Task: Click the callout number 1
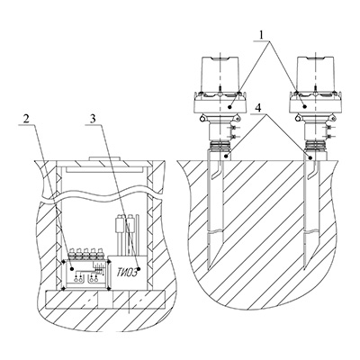point(262,35)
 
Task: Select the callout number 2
point(26,120)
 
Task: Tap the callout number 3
point(94,120)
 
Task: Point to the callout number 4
point(257,110)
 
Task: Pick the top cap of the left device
point(220,74)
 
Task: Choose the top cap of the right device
point(316,74)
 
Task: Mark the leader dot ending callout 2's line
point(72,269)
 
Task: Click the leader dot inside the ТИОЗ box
point(139,269)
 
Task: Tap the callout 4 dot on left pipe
point(229,157)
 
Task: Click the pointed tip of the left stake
point(210,268)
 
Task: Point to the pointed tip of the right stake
point(306,268)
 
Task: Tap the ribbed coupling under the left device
point(220,146)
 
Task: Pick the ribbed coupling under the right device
point(316,146)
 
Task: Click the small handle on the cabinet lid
point(104,158)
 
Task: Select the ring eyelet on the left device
point(202,119)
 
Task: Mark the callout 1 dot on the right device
point(304,106)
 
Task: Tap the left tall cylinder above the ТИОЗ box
point(120,223)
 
